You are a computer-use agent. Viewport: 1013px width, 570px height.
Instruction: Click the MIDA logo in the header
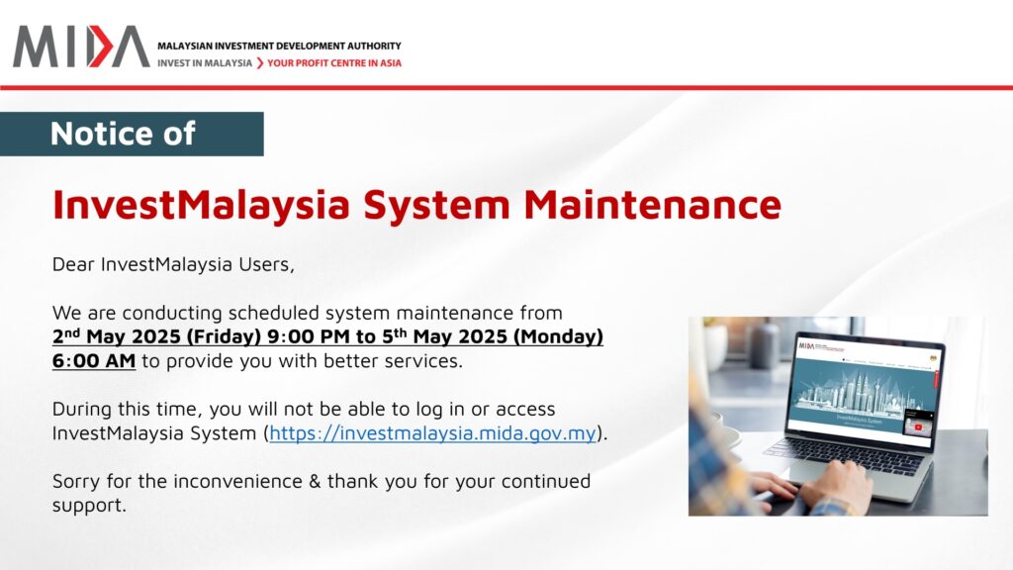[81, 47]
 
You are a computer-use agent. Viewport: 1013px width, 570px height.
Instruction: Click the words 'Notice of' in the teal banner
[123, 134]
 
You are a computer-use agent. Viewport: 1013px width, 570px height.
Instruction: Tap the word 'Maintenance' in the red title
[653, 204]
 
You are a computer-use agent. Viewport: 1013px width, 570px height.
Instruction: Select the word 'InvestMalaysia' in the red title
[201, 205]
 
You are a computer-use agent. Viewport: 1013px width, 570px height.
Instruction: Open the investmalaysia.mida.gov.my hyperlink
[432, 433]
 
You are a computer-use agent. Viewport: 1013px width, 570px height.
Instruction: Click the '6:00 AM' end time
[94, 360]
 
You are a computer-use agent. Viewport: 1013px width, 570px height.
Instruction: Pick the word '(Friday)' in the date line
[224, 336]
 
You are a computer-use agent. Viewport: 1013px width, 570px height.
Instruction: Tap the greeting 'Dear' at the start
[73, 264]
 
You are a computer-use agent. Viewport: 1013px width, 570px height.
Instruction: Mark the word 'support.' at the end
[89, 506]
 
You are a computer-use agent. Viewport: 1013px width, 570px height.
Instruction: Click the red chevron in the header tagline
[260, 63]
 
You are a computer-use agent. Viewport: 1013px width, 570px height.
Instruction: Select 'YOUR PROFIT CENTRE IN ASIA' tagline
[334, 63]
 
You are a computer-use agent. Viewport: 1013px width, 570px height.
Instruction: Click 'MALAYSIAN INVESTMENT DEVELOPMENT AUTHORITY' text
[279, 46]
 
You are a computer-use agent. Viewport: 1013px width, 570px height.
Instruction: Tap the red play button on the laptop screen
[918, 427]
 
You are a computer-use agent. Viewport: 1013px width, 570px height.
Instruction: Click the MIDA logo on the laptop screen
[807, 345]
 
